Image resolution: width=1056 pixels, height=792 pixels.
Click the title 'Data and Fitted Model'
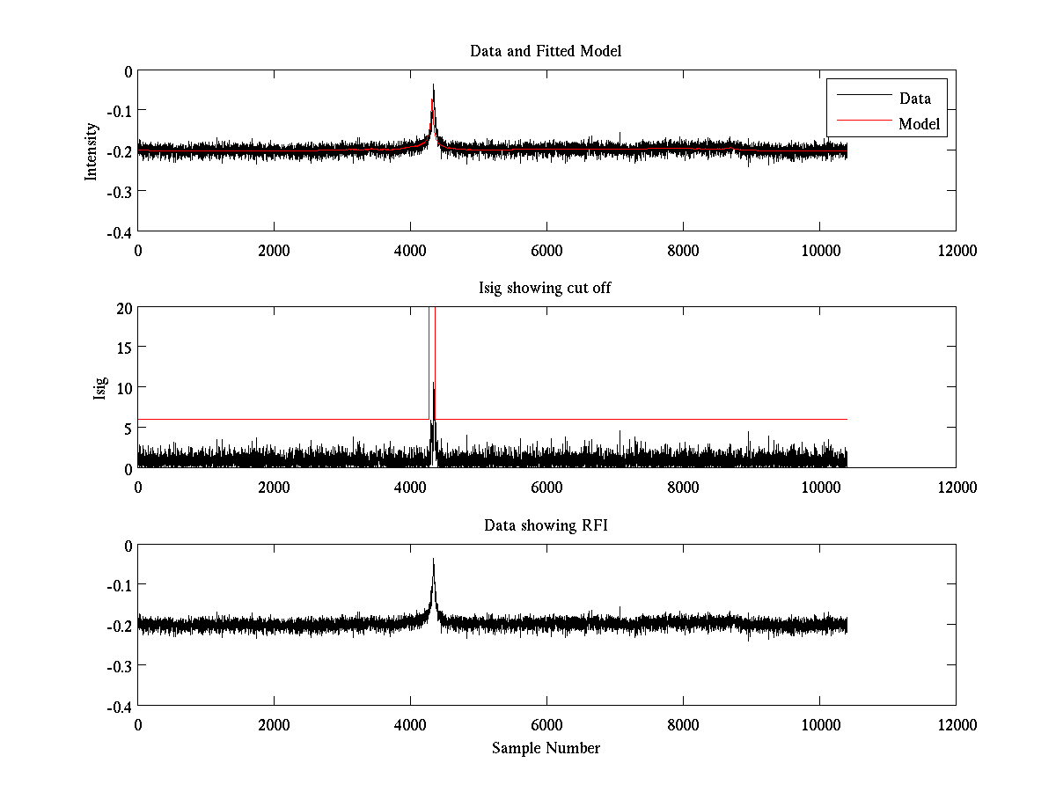pyautogui.click(x=546, y=51)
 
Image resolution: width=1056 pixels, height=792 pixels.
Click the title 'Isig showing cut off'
pyautogui.click(x=546, y=289)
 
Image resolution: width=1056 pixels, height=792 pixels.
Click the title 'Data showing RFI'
pyautogui.click(x=546, y=525)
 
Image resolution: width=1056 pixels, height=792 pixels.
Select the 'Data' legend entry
pyautogui.click(x=914, y=98)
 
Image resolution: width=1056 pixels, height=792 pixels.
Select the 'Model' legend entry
pyautogui.click(x=919, y=124)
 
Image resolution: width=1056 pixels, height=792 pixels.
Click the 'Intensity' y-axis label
pyautogui.click(x=91, y=151)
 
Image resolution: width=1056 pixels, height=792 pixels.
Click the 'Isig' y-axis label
pyautogui.click(x=99, y=388)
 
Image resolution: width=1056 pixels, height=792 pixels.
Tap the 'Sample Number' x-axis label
pyautogui.click(x=546, y=748)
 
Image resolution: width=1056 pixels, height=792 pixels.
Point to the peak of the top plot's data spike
pyautogui.click(x=434, y=85)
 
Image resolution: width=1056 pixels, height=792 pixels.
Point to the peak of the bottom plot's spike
pyautogui.click(x=434, y=560)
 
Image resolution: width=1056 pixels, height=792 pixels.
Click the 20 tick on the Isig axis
pyautogui.click(x=123, y=308)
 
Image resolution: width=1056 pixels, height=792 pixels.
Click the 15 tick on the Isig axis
pyautogui.click(x=123, y=348)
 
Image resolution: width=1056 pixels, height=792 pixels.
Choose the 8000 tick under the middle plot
pyautogui.click(x=683, y=487)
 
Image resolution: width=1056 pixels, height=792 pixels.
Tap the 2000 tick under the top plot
pyautogui.click(x=274, y=250)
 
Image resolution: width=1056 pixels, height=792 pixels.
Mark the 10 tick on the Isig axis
pyautogui.click(x=123, y=388)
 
